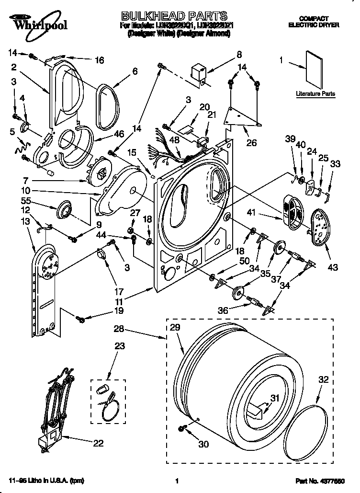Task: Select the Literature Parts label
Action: [x=315, y=94]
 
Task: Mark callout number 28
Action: [x=119, y=329]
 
